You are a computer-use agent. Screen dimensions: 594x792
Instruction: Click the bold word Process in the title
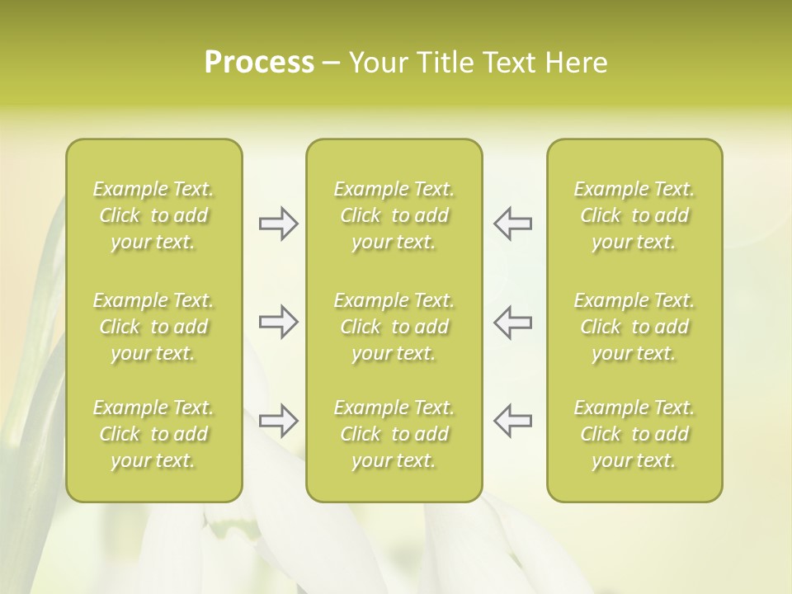259,63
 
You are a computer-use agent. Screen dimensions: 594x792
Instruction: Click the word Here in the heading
576,63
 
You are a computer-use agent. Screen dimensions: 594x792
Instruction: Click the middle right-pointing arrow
279,322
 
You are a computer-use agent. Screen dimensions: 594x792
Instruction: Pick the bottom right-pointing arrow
279,421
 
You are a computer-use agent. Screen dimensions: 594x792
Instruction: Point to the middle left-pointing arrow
512,322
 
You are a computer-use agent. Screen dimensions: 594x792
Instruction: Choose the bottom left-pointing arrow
512,421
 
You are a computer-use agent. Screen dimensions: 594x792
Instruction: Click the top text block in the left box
153,215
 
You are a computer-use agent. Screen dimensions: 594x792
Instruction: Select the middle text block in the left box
153,327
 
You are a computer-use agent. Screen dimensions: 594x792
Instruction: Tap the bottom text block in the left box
153,434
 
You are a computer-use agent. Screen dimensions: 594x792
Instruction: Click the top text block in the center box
394,215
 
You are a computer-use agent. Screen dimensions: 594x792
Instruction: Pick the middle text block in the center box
394,327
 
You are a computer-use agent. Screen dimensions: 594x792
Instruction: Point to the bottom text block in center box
394,434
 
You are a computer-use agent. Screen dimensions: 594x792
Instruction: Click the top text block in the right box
634,215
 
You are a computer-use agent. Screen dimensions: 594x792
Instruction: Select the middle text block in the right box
634,327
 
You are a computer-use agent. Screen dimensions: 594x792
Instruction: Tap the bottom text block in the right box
634,434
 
